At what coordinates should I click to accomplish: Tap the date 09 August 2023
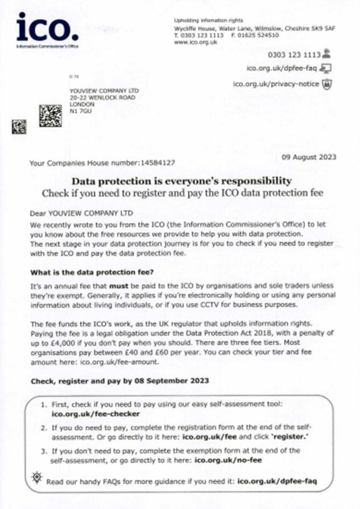tap(309, 157)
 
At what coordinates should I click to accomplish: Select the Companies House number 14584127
tap(157, 163)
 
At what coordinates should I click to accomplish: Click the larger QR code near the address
tap(51, 115)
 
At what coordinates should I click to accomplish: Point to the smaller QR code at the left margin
tap(19, 127)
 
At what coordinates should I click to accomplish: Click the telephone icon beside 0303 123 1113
tap(326, 54)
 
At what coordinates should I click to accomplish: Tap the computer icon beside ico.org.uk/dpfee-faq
tap(326, 68)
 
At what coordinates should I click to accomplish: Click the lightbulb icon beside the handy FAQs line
tap(37, 478)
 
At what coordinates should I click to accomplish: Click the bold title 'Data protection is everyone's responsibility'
tap(181, 181)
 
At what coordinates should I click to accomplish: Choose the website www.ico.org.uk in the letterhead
tap(195, 42)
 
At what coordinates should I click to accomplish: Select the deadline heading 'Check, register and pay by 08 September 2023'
tap(120, 381)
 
